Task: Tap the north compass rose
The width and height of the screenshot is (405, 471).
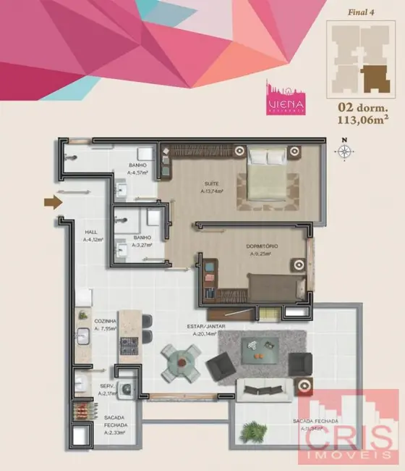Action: click(x=345, y=151)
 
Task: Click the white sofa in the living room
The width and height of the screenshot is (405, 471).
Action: click(x=265, y=389)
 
